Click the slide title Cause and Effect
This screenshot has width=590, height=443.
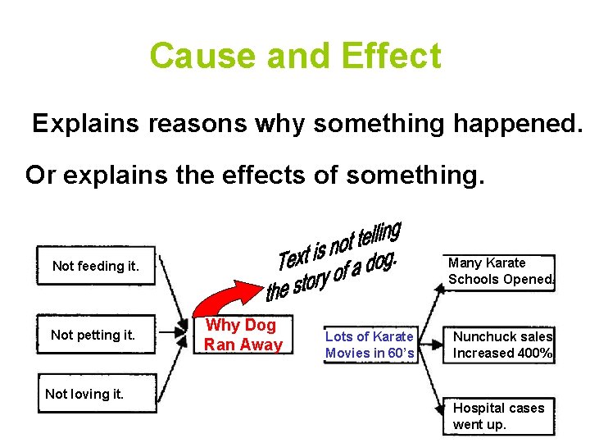pyautogui.click(x=295, y=57)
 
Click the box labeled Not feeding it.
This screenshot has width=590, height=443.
pyautogui.click(x=96, y=266)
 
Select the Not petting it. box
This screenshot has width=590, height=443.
pyautogui.click(x=93, y=335)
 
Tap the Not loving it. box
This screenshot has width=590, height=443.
pyautogui.click(x=84, y=394)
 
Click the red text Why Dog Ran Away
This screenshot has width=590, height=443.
pyautogui.click(x=243, y=335)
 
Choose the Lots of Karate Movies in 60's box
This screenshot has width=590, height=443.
pyautogui.click(x=370, y=345)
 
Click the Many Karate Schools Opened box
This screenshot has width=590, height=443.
pyautogui.click(x=500, y=271)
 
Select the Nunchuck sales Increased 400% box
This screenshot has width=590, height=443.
pyautogui.click(x=502, y=345)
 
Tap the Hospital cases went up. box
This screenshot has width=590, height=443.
pyautogui.click(x=498, y=416)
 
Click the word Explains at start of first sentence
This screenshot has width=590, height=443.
pyautogui.click(x=86, y=124)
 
